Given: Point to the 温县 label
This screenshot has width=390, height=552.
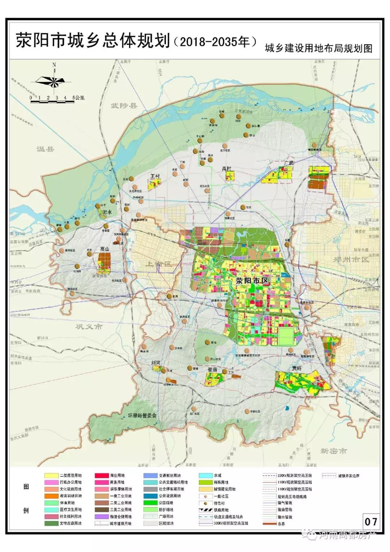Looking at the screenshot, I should click(45, 148).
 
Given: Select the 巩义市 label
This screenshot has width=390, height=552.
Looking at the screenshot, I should click(89, 327).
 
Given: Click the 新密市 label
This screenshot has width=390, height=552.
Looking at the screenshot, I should click(333, 451).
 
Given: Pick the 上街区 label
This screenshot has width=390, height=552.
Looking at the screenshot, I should click(159, 264).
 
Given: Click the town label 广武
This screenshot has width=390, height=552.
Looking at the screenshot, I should click(289, 163).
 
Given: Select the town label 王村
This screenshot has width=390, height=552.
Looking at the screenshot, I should click(155, 176).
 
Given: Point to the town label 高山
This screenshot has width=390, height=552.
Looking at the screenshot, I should click(105, 249).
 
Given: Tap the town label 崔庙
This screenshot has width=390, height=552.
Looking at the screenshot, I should click(212, 370).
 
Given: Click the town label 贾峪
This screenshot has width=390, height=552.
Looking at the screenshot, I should click(297, 368).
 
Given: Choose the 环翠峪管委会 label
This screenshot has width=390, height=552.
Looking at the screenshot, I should click(143, 416).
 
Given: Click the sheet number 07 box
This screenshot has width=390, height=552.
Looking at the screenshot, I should click(370, 522).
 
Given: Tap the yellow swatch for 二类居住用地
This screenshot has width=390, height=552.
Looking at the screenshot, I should click(51, 475).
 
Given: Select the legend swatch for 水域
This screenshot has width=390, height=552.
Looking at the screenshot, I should click(205, 475).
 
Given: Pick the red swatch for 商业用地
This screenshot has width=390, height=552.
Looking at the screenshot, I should click(102, 475).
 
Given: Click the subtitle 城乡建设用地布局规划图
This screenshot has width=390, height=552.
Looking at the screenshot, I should click(318, 48).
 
